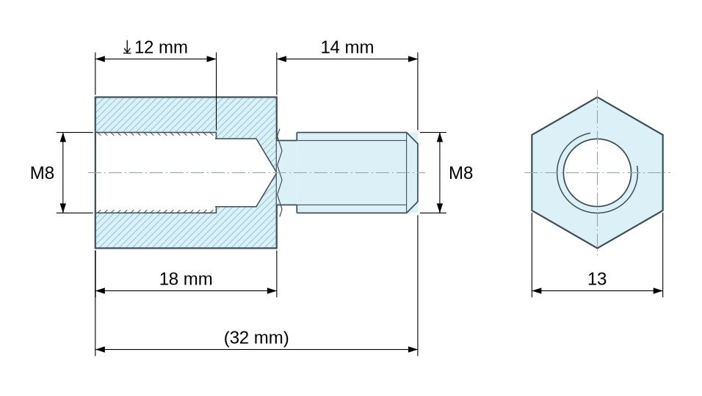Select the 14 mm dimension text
click(347, 48)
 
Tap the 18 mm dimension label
click(186, 279)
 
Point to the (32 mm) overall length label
click(256, 337)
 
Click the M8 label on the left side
click(42, 173)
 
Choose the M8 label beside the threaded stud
click(460, 173)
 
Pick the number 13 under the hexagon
click(597, 279)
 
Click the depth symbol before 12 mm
click(127, 48)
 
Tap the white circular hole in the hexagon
click(597, 172)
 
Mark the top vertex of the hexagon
click(597, 97)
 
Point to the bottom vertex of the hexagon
click(597, 248)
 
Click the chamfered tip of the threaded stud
click(413, 172)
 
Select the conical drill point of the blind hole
click(267, 172)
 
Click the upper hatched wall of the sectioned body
click(186, 114)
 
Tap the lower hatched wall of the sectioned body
click(186, 230)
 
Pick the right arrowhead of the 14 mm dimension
click(413, 59)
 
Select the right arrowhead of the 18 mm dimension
click(272, 291)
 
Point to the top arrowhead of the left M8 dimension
click(63, 137)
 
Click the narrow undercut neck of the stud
click(287, 172)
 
